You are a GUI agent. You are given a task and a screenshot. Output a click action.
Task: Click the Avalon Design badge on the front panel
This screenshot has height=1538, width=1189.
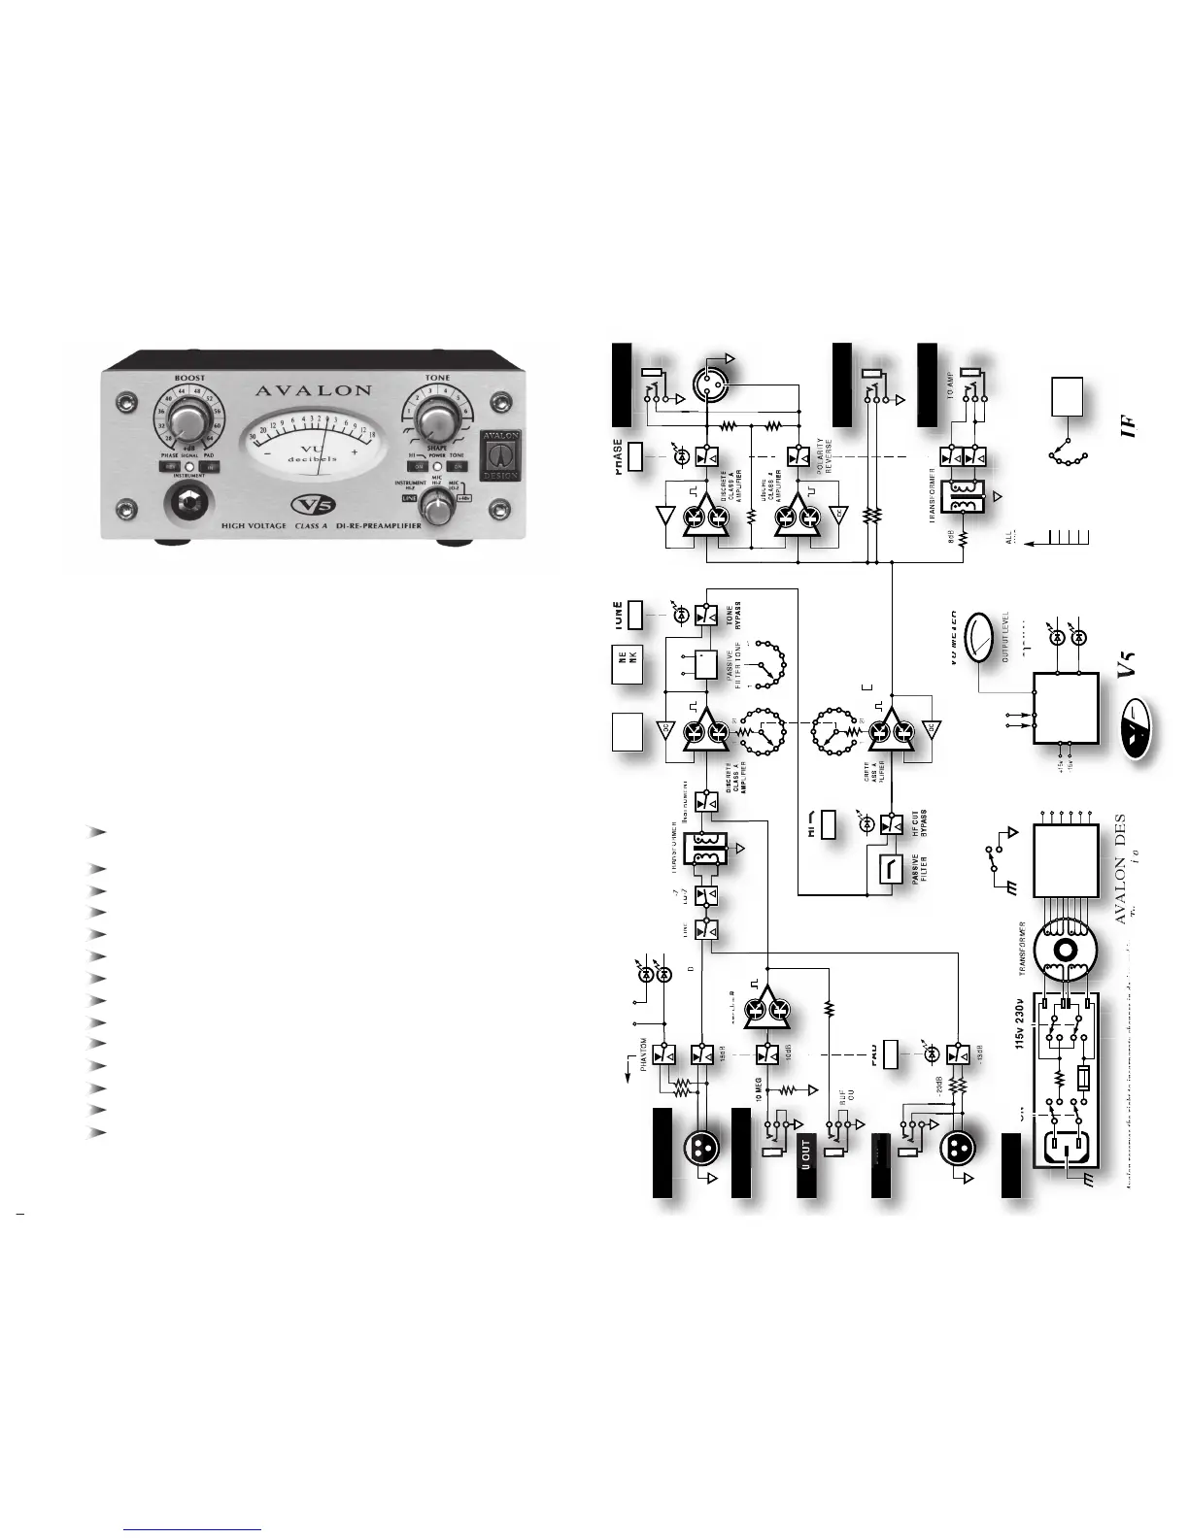pyautogui.click(x=499, y=455)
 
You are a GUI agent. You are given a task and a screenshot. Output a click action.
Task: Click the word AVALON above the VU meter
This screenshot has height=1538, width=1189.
pyautogui.click(x=313, y=390)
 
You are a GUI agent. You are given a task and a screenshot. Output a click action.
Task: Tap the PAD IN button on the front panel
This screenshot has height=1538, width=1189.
pyautogui.click(x=207, y=467)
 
